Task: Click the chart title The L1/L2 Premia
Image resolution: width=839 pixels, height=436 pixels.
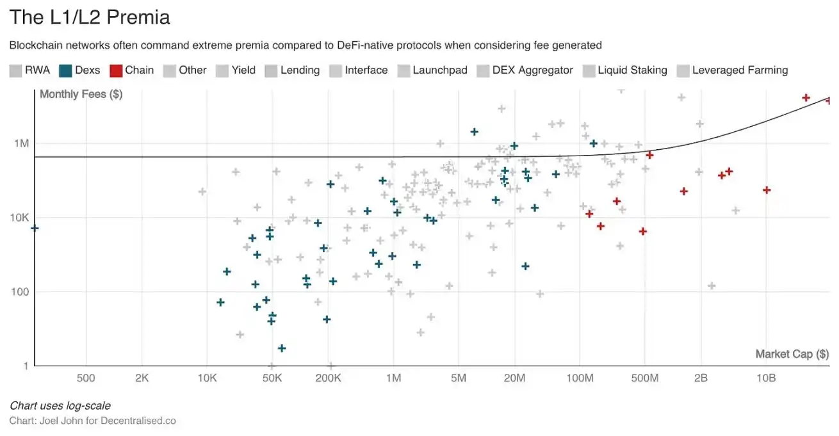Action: click(x=90, y=17)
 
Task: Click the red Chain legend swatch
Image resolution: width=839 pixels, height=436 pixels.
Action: click(x=116, y=70)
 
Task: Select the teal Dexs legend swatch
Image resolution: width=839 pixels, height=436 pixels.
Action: click(x=65, y=70)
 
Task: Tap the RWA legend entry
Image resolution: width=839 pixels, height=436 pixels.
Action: click(x=29, y=70)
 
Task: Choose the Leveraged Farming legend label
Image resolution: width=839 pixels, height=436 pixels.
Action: click(x=740, y=70)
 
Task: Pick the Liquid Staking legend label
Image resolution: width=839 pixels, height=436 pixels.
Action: click(x=632, y=70)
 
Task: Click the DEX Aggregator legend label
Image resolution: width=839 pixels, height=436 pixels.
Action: click(x=532, y=70)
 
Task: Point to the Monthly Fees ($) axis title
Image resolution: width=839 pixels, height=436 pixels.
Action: click(x=81, y=95)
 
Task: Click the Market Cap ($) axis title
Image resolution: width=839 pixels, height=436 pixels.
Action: click(x=792, y=354)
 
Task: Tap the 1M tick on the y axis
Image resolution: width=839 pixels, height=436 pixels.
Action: click(x=21, y=143)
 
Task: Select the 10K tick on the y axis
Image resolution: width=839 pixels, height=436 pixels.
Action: click(x=19, y=218)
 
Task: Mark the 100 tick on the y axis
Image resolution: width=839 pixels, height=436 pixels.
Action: click(x=21, y=292)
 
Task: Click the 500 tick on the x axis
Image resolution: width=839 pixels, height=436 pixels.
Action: click(x=86, y=378)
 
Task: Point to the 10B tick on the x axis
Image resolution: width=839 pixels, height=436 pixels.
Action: click(x=766, y=378)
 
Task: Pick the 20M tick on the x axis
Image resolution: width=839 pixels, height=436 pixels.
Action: click(x=514, y=378)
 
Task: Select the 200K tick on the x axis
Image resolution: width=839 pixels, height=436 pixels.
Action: click(x=328, y=378)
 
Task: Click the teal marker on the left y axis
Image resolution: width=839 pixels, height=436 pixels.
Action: click(x=35, y=228)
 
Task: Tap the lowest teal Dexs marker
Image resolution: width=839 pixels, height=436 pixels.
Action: click(x=281, y=348)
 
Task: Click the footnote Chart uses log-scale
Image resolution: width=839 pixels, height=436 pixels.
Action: click(x=60, y=406)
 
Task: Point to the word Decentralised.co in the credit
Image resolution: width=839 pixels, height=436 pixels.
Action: click(x=138, y=421)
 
